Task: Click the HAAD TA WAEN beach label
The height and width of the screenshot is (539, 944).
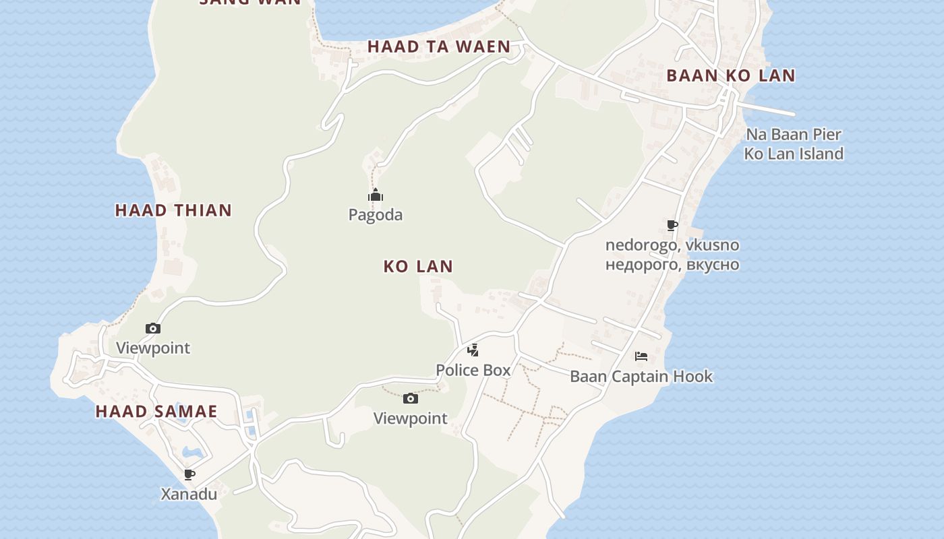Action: tap(439, 46)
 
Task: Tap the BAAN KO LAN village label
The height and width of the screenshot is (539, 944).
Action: tap(731, 75)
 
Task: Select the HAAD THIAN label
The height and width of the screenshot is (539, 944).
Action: tap(173, 210)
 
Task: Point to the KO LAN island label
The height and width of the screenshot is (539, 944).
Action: tap(418, 266)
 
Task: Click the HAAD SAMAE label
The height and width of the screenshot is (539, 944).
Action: tap(156, 412)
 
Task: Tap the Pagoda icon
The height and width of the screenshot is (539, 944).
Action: tap(376, 196)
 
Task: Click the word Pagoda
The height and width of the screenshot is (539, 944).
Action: tap(376, 215)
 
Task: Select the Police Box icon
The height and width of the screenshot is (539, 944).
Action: tap(473, 350)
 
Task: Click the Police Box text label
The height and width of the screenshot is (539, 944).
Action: tap(473, 370)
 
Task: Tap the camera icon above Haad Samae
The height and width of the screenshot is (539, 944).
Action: tap(153, 329)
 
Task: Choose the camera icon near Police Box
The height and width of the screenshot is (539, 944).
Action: tap(410, 399)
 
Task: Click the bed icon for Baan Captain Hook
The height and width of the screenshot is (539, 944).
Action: tap(641, 356)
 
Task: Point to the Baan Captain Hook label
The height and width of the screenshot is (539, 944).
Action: tap(641, 376)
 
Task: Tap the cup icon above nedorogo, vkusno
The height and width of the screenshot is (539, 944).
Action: tap(672, 225)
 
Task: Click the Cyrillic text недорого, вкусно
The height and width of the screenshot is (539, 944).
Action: tap(672, 264)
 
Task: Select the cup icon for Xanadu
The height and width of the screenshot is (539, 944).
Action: tap(189, 474)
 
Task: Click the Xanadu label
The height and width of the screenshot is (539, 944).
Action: tap(189, 494)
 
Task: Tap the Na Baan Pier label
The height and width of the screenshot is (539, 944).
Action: tap(794, 134)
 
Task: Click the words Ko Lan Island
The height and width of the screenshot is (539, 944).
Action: tap(794, 154)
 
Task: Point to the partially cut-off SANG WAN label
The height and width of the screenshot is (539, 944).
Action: tap(250, 3)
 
